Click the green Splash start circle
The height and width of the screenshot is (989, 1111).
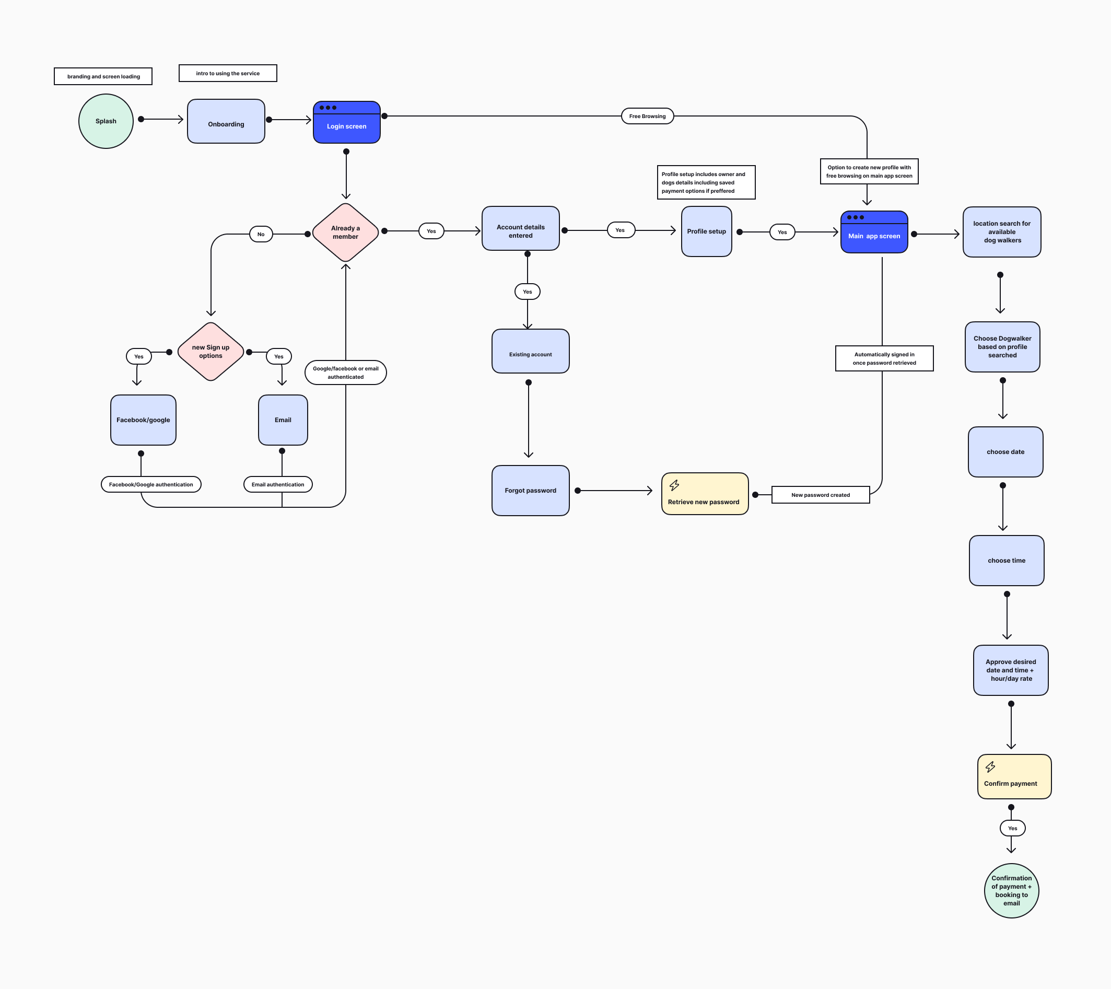pyautogui.click(x=106, y=121)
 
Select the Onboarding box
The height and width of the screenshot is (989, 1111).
pyautogui.click(x=226, y=122)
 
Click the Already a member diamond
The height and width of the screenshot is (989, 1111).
pyautogui.click(x=346, y=232)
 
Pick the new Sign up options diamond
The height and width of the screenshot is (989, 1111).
pyautogui.click(x=211, y=352)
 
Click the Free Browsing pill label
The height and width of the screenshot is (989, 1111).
pyautogui.click(x=647, y=117)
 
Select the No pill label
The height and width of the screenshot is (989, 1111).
pyautogui.click(x=261, y=235)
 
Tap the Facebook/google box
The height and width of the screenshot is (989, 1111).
pyautogui.click(x=144, y=420)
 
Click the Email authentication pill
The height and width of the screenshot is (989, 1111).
pyautogui.click(x=278, y=484)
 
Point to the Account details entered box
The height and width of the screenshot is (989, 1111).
pyautogui.click(x=521, y=229)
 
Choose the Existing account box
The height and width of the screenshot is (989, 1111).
pyautogui.click(x=531, y=351)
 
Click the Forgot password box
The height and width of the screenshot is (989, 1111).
pyautogui.click(x=531, y=491)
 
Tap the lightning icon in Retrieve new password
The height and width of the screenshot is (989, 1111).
pyautogui.click(x=674, y=485)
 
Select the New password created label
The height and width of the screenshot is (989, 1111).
pyautogui.click(x=820, y=495)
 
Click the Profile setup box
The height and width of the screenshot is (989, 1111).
pyautogui.click(x=707, y=231)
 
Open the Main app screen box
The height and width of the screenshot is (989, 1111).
pyautogui.click(x=874, y=232)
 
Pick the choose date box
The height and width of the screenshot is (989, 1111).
pyautogui.click(x=1005, y=452)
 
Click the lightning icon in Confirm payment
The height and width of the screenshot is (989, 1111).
pyautogui.click(x=990, y=766)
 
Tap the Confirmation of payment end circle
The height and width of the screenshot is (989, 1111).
pyautogui.click(x=1012, y=891)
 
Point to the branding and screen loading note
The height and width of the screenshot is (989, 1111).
pyautogui.click(x=103, y=77)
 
